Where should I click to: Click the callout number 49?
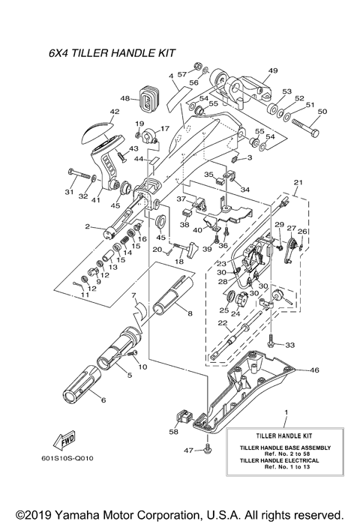click(271, 71)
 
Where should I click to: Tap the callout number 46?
click(314, 370)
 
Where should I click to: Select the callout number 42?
click(114, 112)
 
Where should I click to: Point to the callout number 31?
click(68, 193)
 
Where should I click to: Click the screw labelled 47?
click(208, 449)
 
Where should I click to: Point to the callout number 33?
click(290, 345)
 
